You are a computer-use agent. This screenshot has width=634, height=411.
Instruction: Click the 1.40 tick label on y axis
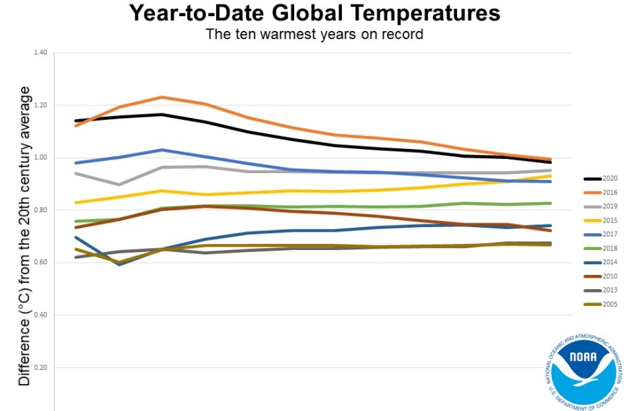tap(40, 53)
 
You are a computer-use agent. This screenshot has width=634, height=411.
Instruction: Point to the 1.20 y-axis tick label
tap(40, 105)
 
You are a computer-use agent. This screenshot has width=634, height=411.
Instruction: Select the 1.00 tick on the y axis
tap(40, 158)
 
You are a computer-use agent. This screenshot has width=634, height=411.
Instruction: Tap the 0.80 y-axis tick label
tap(40, 210)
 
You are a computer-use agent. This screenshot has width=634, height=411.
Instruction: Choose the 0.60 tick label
tap(40, 263)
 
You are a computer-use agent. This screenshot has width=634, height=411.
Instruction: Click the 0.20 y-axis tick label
tap(40, 368)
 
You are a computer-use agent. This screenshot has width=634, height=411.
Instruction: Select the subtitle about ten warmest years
tap(314, 34)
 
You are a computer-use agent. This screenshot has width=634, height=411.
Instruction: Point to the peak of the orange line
tap(162, 97)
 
